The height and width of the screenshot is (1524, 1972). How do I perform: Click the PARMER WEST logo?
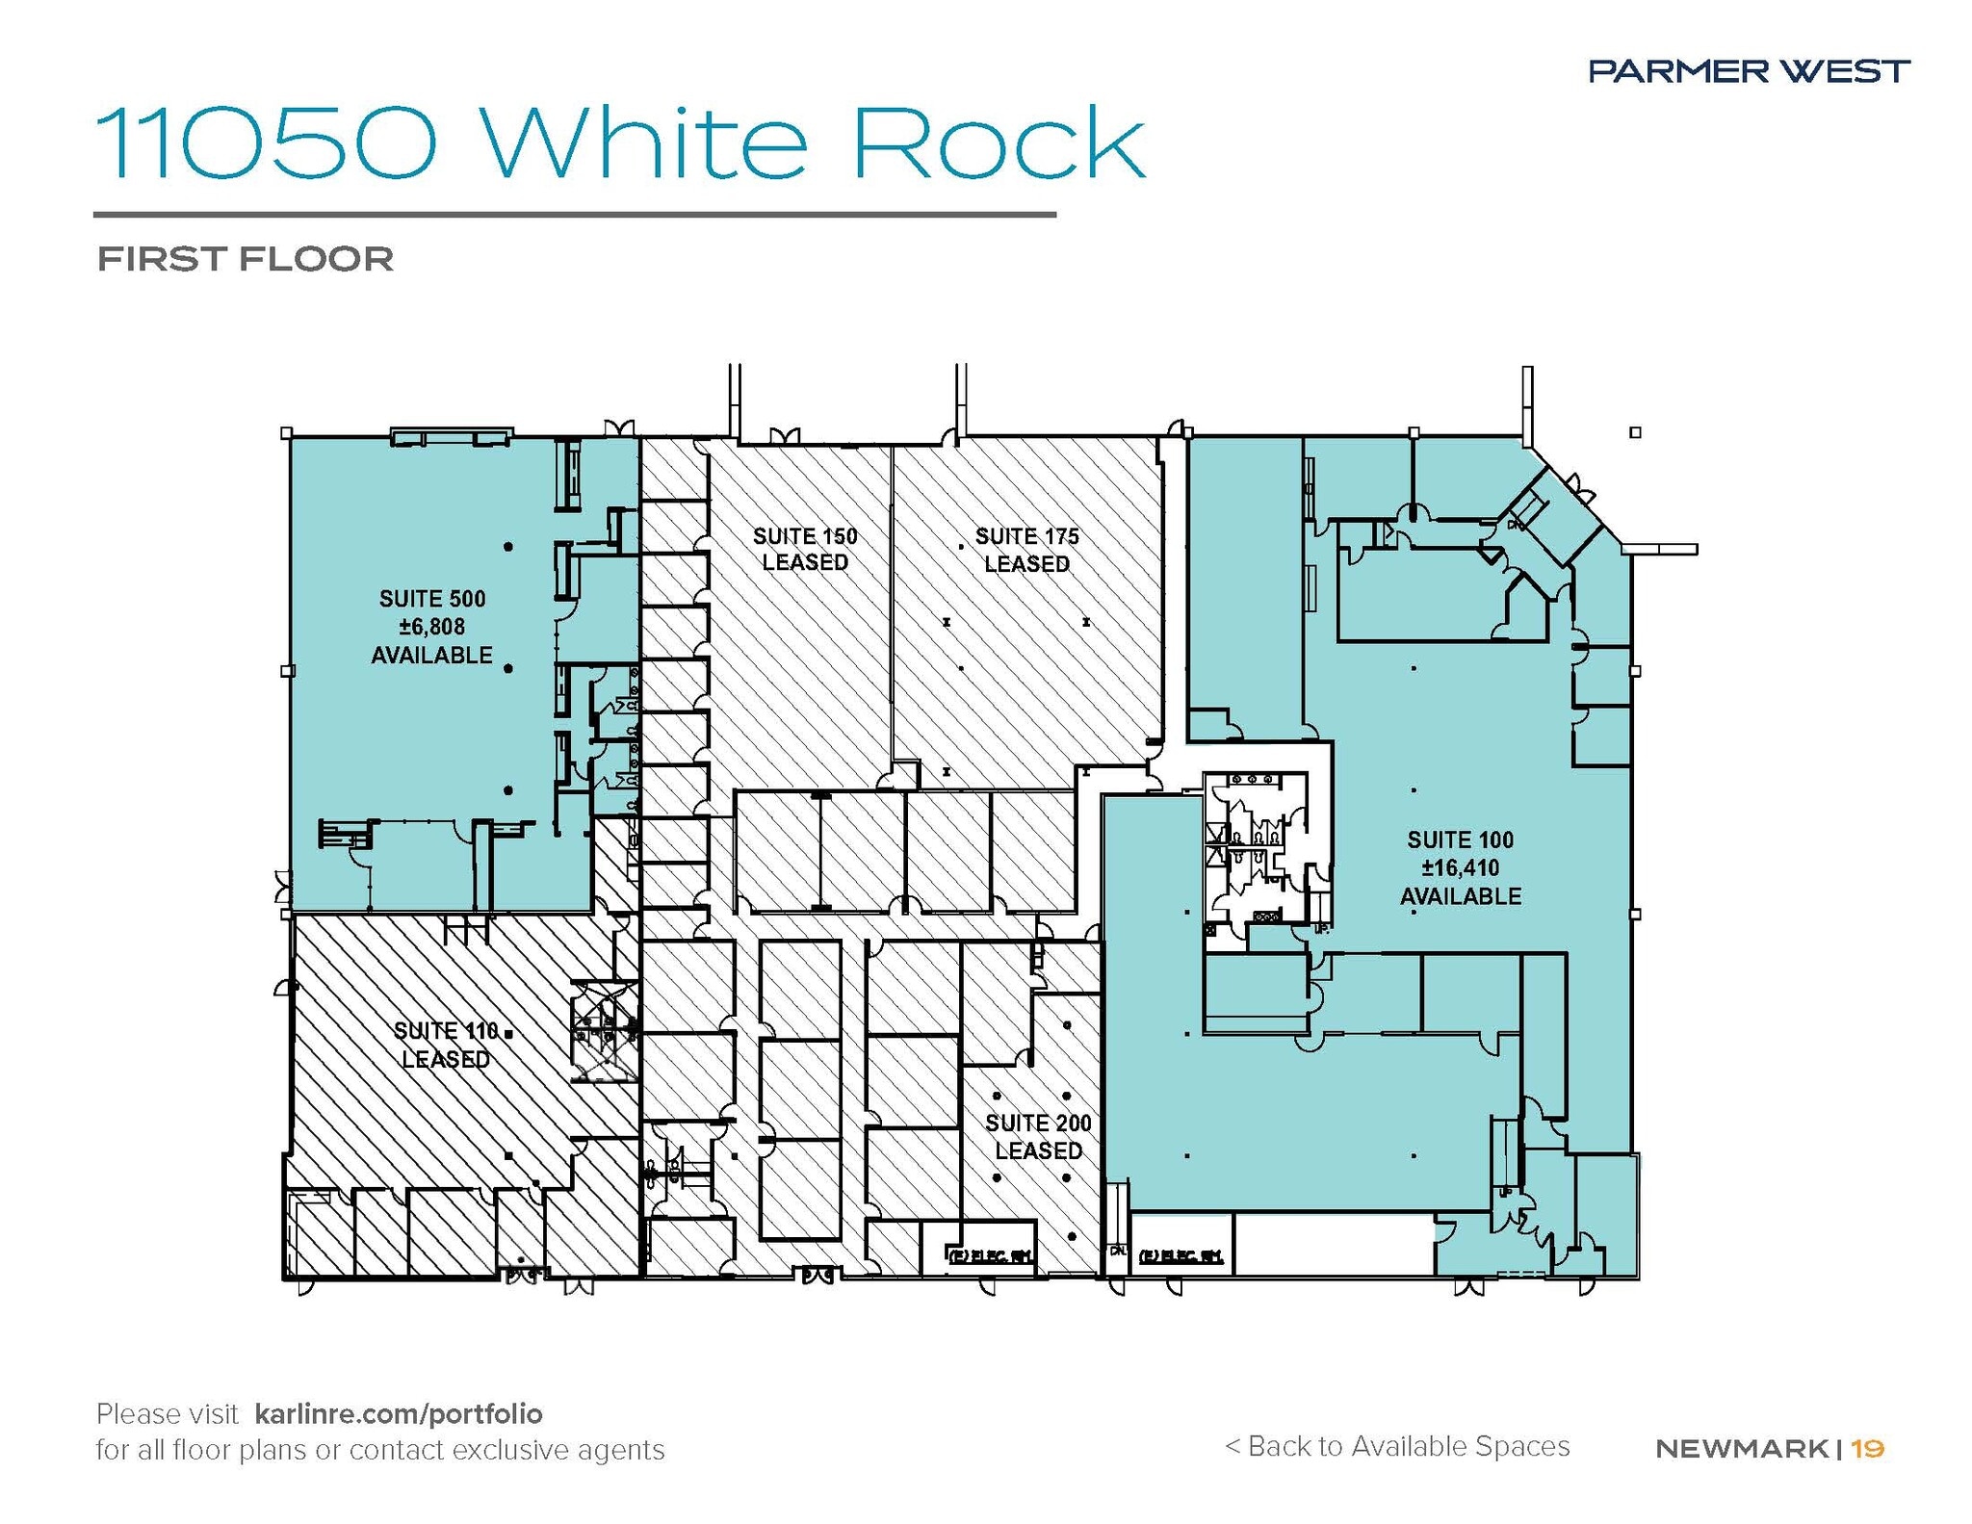point(1749,70)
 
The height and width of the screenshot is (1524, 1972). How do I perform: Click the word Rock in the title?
point(999,144)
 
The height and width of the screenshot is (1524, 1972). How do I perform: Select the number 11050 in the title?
point(267,144)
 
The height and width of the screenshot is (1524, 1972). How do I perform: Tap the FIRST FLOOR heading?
point(246,259)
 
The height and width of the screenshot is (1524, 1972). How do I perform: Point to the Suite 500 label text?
point(432,599)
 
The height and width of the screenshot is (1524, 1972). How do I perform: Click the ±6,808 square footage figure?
point(432,627)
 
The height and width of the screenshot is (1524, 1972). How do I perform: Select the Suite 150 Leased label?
point(805,549)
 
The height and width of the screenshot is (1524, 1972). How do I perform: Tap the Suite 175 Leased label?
point(1026,550)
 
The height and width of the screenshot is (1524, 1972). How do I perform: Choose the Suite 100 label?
point(1460,839)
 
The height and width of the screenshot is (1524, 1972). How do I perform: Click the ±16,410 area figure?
point(1460,867)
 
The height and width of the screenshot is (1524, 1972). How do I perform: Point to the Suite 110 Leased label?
point(446,1045)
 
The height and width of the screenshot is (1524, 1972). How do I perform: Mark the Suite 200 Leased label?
point(1038,1136)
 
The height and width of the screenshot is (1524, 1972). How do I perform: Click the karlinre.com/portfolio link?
point(399,1413)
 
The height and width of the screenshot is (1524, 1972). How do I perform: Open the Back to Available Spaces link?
point(1397,1446)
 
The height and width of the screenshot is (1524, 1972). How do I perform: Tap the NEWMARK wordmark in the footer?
point(1741,1448)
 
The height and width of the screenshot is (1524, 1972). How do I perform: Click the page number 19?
point(1867,1448)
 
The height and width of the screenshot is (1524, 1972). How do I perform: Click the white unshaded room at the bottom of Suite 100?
point(1334,1243)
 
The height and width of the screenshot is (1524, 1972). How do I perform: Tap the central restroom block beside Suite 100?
point(1257,847)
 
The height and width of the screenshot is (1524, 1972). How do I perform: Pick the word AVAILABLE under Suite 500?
point(432,656)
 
